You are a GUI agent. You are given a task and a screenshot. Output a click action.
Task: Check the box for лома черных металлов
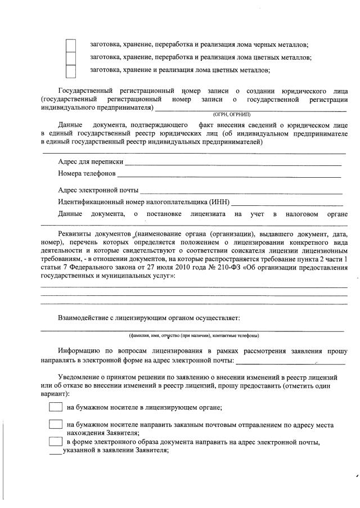point(70,45)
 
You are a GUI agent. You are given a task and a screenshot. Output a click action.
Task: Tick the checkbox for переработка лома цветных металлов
point(70,58)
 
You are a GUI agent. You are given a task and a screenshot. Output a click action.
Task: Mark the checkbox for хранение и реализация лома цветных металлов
point(70,71)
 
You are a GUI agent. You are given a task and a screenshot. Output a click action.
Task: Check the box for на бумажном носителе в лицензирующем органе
point(56,407)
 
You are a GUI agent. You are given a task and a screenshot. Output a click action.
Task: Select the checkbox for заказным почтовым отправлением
point(56,424)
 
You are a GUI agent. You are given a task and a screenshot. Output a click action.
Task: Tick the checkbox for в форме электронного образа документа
point(56,442)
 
